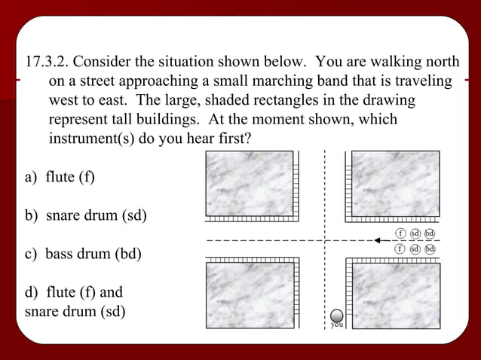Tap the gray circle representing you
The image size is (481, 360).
[x=338, y=315]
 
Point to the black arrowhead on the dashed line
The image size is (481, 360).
[x=378, y=241]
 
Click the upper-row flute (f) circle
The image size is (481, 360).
[x=401, y=233]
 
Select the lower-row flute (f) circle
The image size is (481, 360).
[x=401, y=249]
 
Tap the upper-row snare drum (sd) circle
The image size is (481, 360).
[x=415, y=233]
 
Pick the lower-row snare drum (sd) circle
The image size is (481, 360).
[x=415, y=249]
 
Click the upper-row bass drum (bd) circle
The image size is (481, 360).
[x=430, y=233]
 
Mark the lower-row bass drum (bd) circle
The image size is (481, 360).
[x=430, y=249]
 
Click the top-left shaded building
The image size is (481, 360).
[x=250, y=183]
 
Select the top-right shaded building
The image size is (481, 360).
[x=396, y=183]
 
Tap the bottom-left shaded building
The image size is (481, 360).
[x=250, y=294]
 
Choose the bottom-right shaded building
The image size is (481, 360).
[x=396, y=294]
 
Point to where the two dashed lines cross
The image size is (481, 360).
[x=324, y=241]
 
